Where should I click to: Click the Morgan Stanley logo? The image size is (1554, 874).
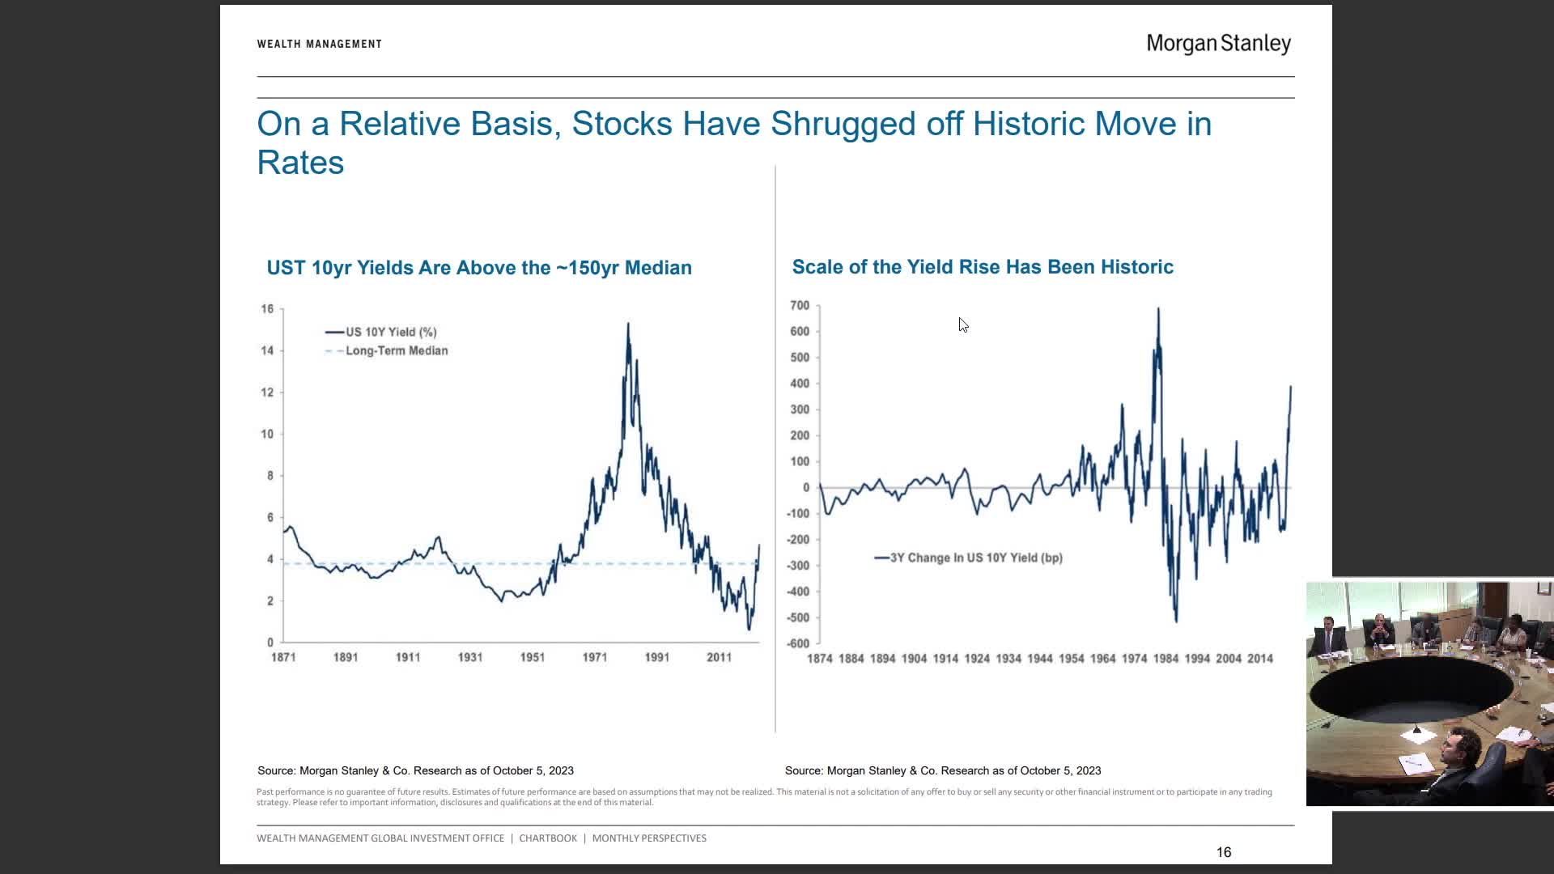click(x=1218, y=44)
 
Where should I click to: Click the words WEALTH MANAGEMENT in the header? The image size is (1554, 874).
click(x=319, y=44)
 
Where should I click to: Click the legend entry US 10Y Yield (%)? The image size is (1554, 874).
click(x=391, y=332)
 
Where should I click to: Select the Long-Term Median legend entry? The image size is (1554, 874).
click(x=396, y=350)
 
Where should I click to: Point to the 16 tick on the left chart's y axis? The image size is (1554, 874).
click(x=267, y=308)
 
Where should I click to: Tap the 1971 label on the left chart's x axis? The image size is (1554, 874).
click(x=595, y=657)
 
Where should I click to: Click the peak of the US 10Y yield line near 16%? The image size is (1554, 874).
click(x=628, y=325)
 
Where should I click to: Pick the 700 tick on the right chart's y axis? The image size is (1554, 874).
click(x=800, y=305)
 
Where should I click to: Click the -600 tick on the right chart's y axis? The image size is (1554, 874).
click(x=798, y=643)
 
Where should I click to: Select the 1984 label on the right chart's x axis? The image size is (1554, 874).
click(x=1165, y=659)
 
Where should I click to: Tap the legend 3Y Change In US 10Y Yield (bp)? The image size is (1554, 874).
click(x=975, y=558)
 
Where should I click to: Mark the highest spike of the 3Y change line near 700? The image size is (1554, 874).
click(x=1158, y=309)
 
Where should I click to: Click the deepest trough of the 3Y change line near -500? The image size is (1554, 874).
click(x=1176, y=620)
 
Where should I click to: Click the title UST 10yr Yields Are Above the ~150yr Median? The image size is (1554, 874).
click(x=479, y=268)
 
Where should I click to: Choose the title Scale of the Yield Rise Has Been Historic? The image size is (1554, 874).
click(x=983, y=267)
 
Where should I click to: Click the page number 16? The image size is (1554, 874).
click(x=1223, y=852)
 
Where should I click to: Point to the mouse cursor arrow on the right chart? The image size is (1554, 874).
click(x=962, y=325)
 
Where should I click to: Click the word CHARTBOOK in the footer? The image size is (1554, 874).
click(x=548, y=838)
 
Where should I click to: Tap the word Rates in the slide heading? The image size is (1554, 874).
click(x=300, y=163)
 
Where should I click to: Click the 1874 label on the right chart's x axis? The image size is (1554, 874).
click(x=820, y=659)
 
